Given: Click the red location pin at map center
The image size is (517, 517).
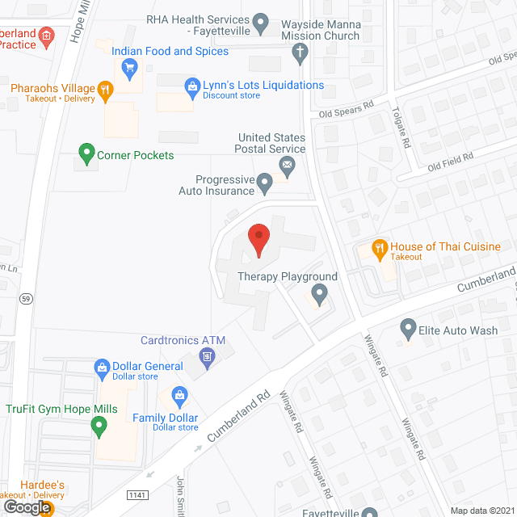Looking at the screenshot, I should tap(258, 240).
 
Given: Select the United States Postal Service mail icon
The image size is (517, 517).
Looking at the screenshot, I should tap(287, 166).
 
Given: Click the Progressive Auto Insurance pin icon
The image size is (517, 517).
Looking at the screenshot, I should tap(264, 185).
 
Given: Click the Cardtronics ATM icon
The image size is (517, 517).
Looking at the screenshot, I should tap(208, 356).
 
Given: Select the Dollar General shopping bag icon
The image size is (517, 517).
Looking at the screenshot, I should tap(102, 367).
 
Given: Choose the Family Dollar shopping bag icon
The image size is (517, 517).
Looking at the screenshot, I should tap(180, 396).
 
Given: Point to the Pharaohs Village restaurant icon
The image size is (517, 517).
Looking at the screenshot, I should tap(103, 90).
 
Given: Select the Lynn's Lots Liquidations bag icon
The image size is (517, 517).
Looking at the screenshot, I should tap(192, 86).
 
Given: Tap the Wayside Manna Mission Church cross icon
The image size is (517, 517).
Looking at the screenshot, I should tap(300, 54).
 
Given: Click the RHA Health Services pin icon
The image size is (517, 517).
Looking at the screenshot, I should tap(260, 23).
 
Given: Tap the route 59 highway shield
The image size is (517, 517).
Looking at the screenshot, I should tap(26, 298).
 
